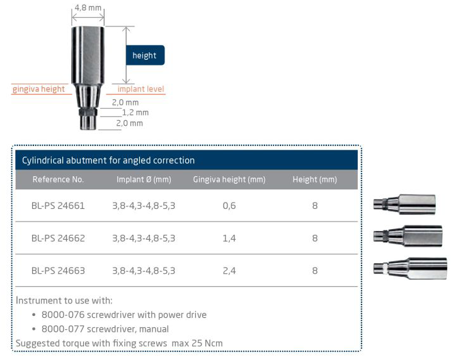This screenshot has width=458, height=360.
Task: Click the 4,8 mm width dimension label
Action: (88, 8)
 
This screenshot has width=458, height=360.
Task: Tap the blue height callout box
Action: (145, 55)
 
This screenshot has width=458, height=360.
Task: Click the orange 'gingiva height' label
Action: (38, 89)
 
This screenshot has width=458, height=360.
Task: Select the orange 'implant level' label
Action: (140, 89)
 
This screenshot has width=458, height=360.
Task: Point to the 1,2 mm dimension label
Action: (135, 112)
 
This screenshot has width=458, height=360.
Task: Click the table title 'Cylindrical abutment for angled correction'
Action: (108, 160)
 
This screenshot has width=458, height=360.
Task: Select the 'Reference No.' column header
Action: (58, 179)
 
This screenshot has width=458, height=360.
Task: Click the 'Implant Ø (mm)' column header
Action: (144, 179)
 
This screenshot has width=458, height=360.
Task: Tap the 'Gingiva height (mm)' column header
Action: (229, 179)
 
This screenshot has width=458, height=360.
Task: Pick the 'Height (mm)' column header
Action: (315, 179)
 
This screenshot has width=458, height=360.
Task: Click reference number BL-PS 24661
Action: (58, 206)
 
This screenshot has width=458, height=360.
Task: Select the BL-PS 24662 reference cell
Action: (58, 239)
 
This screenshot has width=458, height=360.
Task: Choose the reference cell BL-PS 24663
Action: (58, 271)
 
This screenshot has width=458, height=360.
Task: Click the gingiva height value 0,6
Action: (229, 206)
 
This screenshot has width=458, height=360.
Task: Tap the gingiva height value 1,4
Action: (229, 239)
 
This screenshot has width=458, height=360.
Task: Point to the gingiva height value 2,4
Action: (229, 271)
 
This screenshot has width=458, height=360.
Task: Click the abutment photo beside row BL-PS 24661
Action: (404, 204)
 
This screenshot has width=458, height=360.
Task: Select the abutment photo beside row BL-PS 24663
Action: (410, 268)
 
